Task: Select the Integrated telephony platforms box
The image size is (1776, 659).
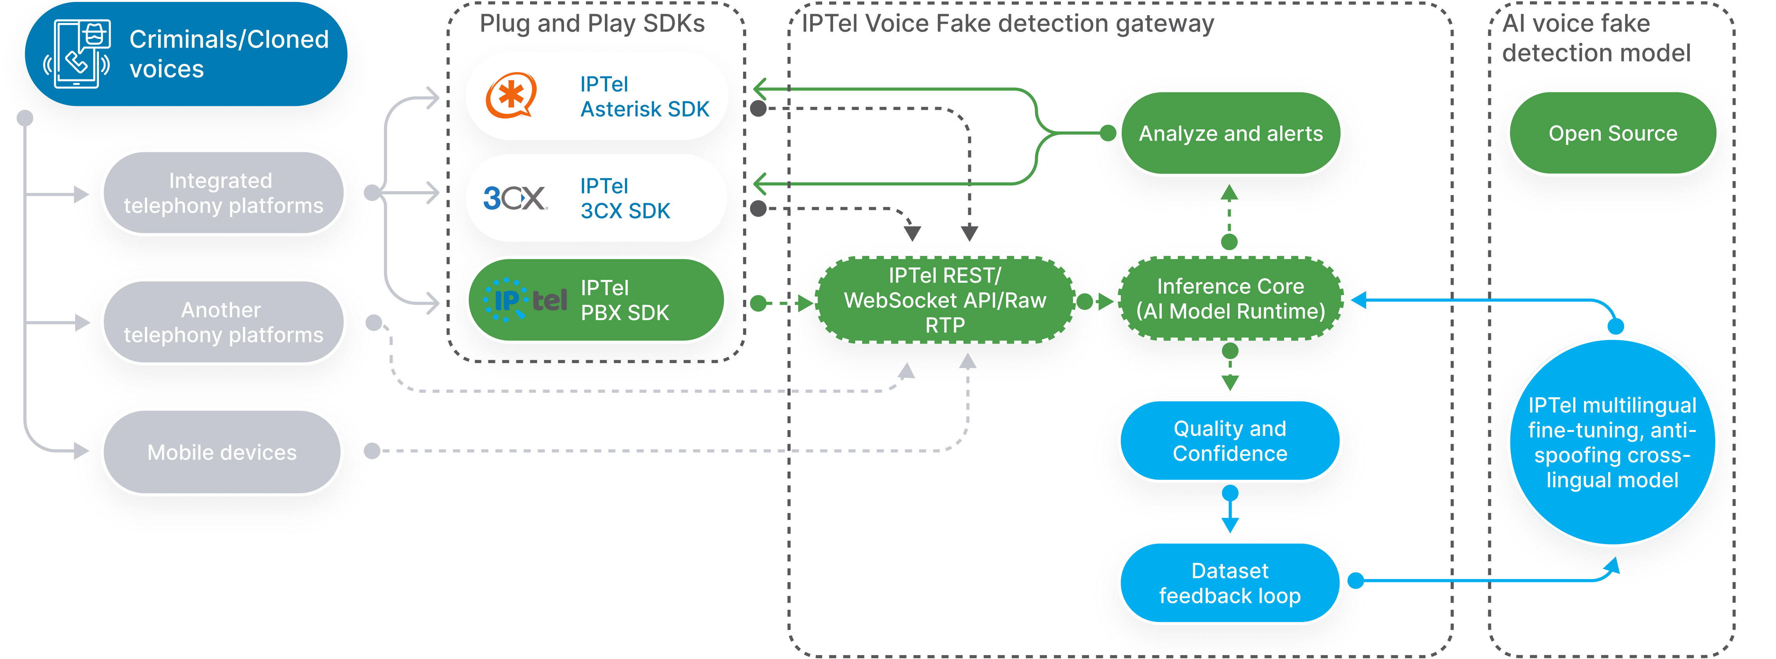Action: (x=223, y=193)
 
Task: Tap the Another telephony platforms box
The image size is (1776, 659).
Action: (x=223, y=322)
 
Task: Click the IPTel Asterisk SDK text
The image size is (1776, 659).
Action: (x=644, y=97)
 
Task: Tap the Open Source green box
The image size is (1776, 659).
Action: (x=1612, y=133)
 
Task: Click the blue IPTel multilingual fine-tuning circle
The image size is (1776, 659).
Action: (x=1612, y=442)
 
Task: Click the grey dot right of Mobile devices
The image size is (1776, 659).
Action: (x=372, y=451)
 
